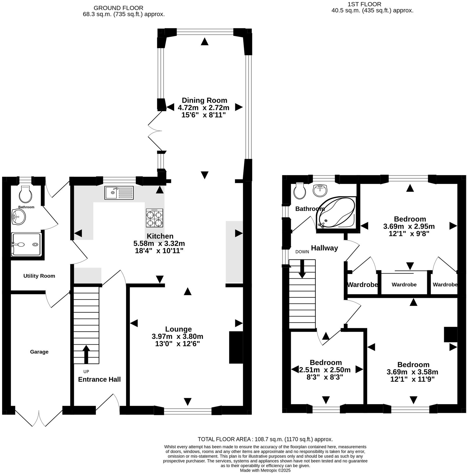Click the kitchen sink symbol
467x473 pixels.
(x=119, y=193)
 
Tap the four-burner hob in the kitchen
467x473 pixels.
(x=154, y=218)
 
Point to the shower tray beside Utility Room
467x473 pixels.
(x=26, y=244)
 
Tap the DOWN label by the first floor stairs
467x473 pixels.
(x=302, y=252)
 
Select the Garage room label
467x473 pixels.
(x=39, y=352)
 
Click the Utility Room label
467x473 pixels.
(x=39, y=276)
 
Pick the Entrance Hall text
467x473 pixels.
(x=99, y=379)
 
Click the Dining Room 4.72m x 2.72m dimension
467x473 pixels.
(x=203, y=108)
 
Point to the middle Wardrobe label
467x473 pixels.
(x=404, y=285)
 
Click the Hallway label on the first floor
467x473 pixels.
(x=324, y=248)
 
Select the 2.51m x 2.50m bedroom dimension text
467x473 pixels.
(x=325, y=370)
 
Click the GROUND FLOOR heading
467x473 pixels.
(x=118, y=8)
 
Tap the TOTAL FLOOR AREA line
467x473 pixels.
(x=265, y=439)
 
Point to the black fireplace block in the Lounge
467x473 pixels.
(x=236, y=347)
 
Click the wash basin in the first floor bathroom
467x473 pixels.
(x=320, y=190)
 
